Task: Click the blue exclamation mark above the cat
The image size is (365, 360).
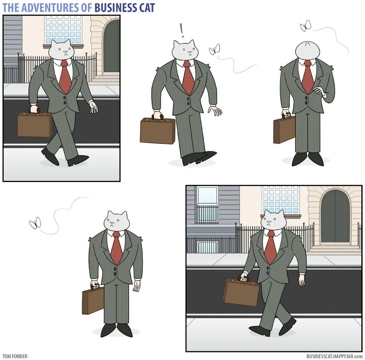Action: point(182,30)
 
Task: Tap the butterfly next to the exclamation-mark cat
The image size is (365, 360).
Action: point(214,49)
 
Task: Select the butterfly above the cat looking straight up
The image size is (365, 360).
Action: point(305,26)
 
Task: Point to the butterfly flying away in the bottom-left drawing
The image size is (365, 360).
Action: point(35,223)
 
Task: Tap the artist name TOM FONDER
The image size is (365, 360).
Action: point(15,356)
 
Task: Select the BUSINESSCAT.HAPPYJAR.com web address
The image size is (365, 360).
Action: point(334,356)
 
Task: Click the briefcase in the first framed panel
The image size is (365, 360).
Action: point(35,124)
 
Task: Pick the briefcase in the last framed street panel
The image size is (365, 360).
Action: point(241,291)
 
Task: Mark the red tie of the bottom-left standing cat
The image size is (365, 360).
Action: point(116,248)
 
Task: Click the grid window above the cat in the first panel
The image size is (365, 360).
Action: point(63,29)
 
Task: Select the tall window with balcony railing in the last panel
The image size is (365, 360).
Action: point(207,205)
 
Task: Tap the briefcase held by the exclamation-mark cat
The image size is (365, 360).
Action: point(158,130)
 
